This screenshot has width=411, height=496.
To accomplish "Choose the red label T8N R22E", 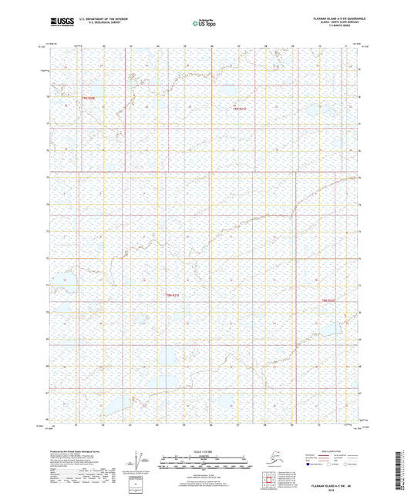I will coord(328,300).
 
